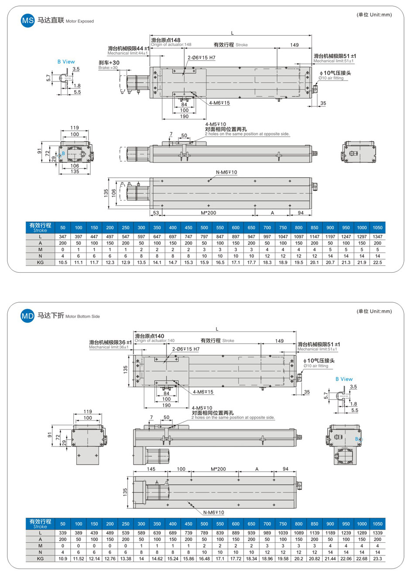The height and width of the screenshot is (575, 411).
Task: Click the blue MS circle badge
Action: click(x=27, y=20)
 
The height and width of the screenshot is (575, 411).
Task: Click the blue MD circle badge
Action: click(x=27, y=316)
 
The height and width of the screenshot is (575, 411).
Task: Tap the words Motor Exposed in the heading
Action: click(x=80, y=21)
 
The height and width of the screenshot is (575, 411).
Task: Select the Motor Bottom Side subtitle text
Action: click(x=82, y=317)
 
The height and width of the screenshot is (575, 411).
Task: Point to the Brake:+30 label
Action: click(x=108, y=68)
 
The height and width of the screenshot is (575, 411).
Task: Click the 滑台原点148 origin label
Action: click(x=166, y=40)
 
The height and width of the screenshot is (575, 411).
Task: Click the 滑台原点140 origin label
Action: click(x=150, y=336)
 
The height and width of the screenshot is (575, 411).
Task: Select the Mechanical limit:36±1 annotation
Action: click(x=110, y=347)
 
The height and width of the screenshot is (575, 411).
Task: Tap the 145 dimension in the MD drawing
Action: click(x=151, y=469)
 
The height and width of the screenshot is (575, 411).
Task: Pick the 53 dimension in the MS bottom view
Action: click(x=156, y=213)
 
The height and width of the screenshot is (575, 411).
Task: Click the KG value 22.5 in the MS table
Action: click(x=377, y=263)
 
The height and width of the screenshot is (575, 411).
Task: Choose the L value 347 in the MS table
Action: click(x=63, y=237)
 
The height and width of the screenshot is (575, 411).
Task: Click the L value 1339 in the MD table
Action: click(x=377, y=533)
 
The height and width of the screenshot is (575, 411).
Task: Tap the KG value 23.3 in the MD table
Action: click(x=377, y=558)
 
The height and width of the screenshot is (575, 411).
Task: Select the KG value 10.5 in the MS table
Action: click(x=63, y=263)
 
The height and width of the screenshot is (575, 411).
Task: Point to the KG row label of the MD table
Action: click(x=40, y=558)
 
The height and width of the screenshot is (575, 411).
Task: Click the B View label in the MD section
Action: click(x=344, y=379)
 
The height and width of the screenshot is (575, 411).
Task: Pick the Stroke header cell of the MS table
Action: click(x=40, y=227)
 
